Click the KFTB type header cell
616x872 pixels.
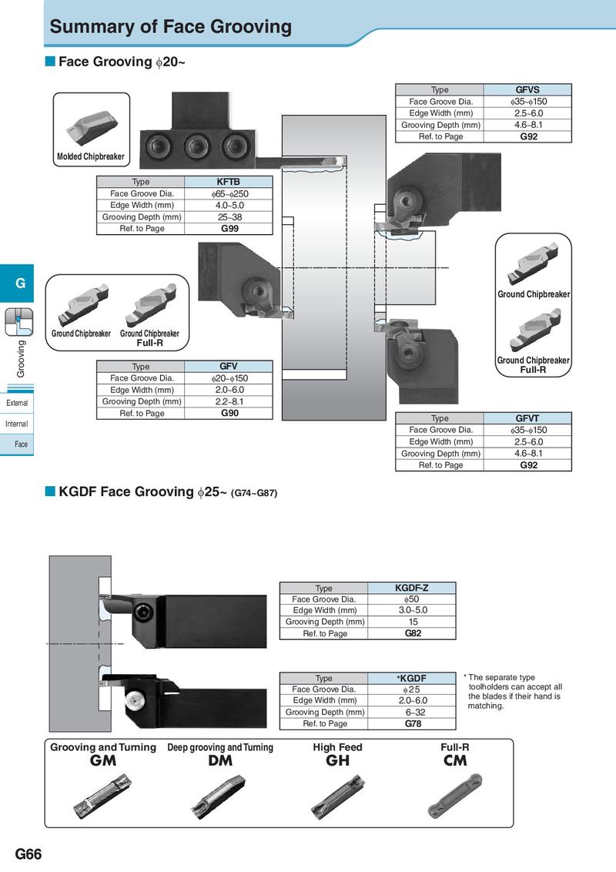pos(228,182)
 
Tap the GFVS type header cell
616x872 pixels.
pos(527,89)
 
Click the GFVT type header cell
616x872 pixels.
pos(527,418)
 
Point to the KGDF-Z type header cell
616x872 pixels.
pos(411,588)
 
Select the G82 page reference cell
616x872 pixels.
pos(411,633)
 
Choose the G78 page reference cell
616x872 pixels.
pos(411,723)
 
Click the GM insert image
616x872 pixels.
pos(103,795)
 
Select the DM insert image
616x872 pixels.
pos(219,797)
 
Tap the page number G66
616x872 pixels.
pos(28,854)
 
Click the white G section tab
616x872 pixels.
pos(20,283)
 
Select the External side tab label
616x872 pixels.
pos(17,403)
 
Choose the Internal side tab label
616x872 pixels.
pos(17,424)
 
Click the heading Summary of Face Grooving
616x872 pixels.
pos(171,27)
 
